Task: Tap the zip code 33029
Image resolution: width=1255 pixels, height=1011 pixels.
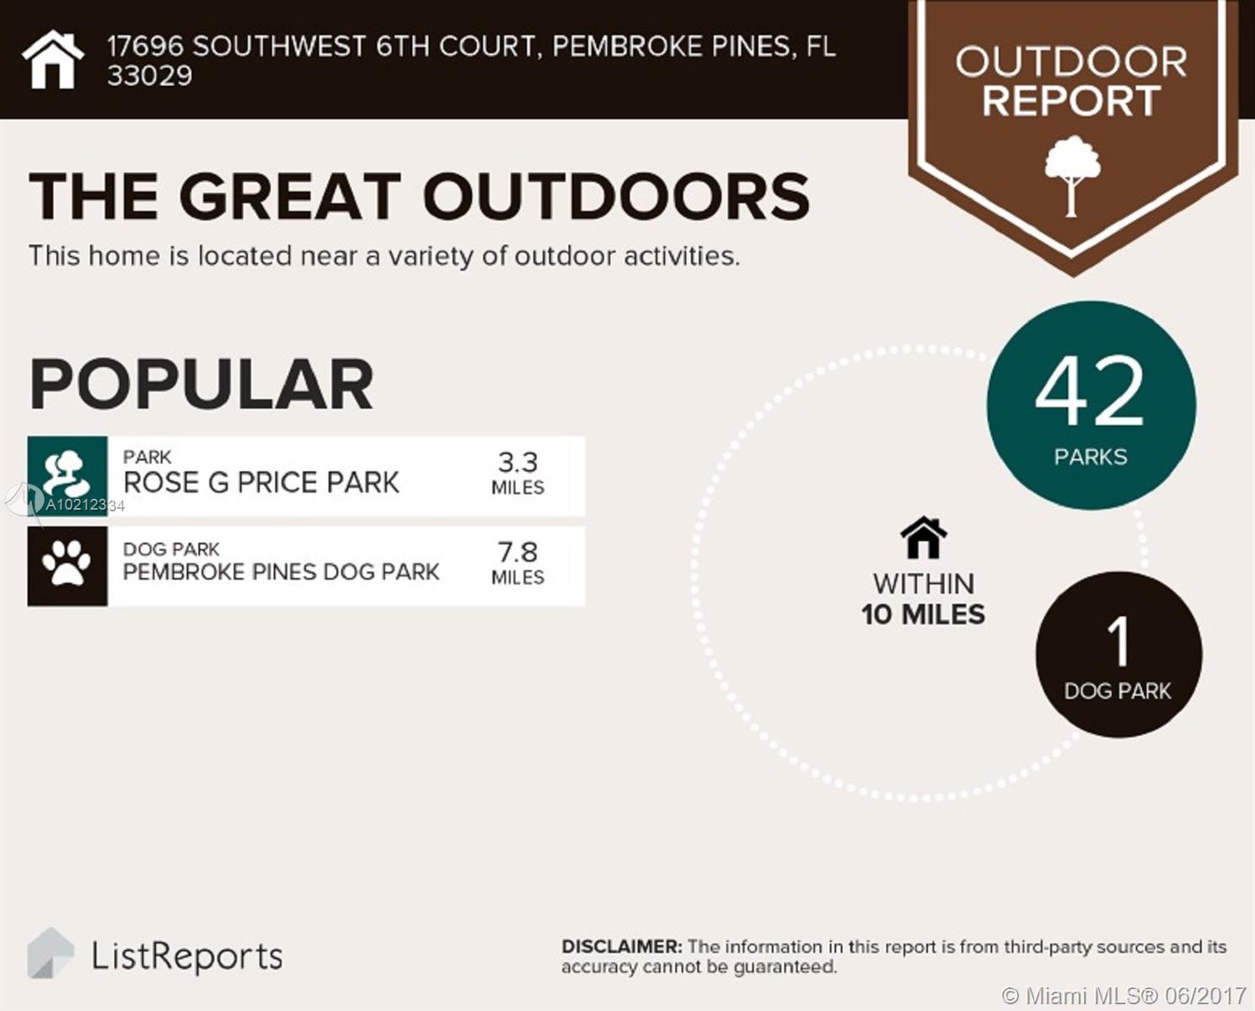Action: (150, 76)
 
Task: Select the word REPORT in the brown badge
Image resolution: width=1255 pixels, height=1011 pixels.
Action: (1071, 101)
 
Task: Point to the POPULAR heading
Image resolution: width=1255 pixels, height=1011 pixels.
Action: (201, 385)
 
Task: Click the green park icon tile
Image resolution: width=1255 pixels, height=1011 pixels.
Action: (67, 476)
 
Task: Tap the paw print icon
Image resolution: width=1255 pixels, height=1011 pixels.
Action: (67, 564)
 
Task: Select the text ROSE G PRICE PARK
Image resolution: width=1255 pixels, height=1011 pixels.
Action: (261, 483)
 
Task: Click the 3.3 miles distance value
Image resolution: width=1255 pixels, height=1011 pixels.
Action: (518, 473)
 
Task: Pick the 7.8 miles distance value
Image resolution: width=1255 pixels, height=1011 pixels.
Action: (518, 564)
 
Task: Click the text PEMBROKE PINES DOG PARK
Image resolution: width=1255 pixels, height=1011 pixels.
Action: (282, 572)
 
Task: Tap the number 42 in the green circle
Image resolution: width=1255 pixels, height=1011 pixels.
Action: (1089, 392)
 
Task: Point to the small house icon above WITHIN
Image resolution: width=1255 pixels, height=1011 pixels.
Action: (923, 537)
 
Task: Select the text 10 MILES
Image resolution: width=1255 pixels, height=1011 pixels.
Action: (923, 614)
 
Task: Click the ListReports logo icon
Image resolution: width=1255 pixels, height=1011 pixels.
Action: (51, 953)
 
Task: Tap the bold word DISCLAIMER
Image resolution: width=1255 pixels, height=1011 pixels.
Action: (622, 947)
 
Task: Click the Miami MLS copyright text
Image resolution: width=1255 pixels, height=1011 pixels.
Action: (1124, 995)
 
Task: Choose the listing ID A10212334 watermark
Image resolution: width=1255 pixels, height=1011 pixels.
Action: (85, 505)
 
